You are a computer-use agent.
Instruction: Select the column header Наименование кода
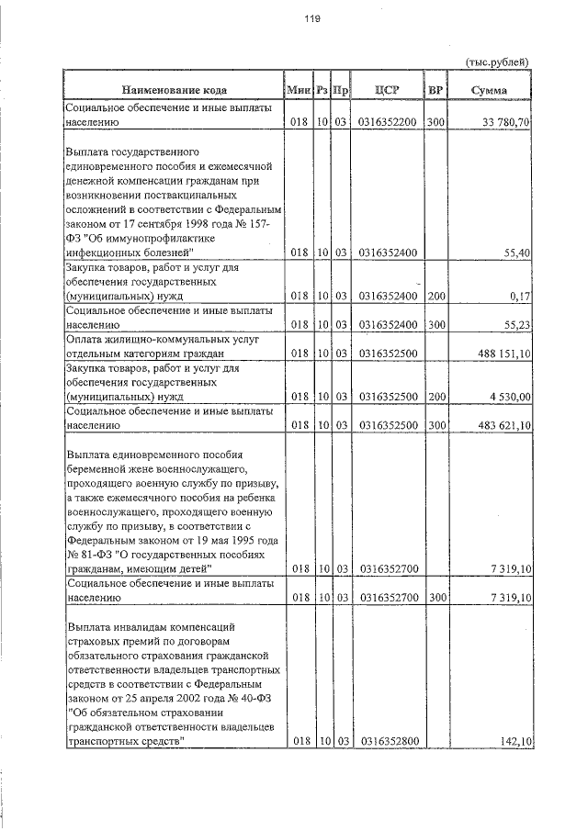tap(172, 91)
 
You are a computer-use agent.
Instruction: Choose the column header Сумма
tap(489, 91)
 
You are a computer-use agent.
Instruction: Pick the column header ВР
tap(435, 91)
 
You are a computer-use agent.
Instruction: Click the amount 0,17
tap(520, 297)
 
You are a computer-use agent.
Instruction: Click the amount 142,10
tap(515, 740)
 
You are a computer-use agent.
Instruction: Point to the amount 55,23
tap(515, 324)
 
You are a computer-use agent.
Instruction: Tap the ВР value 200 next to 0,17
tap(435, 297)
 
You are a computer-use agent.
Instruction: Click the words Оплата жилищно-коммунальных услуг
tap(153, 339)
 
